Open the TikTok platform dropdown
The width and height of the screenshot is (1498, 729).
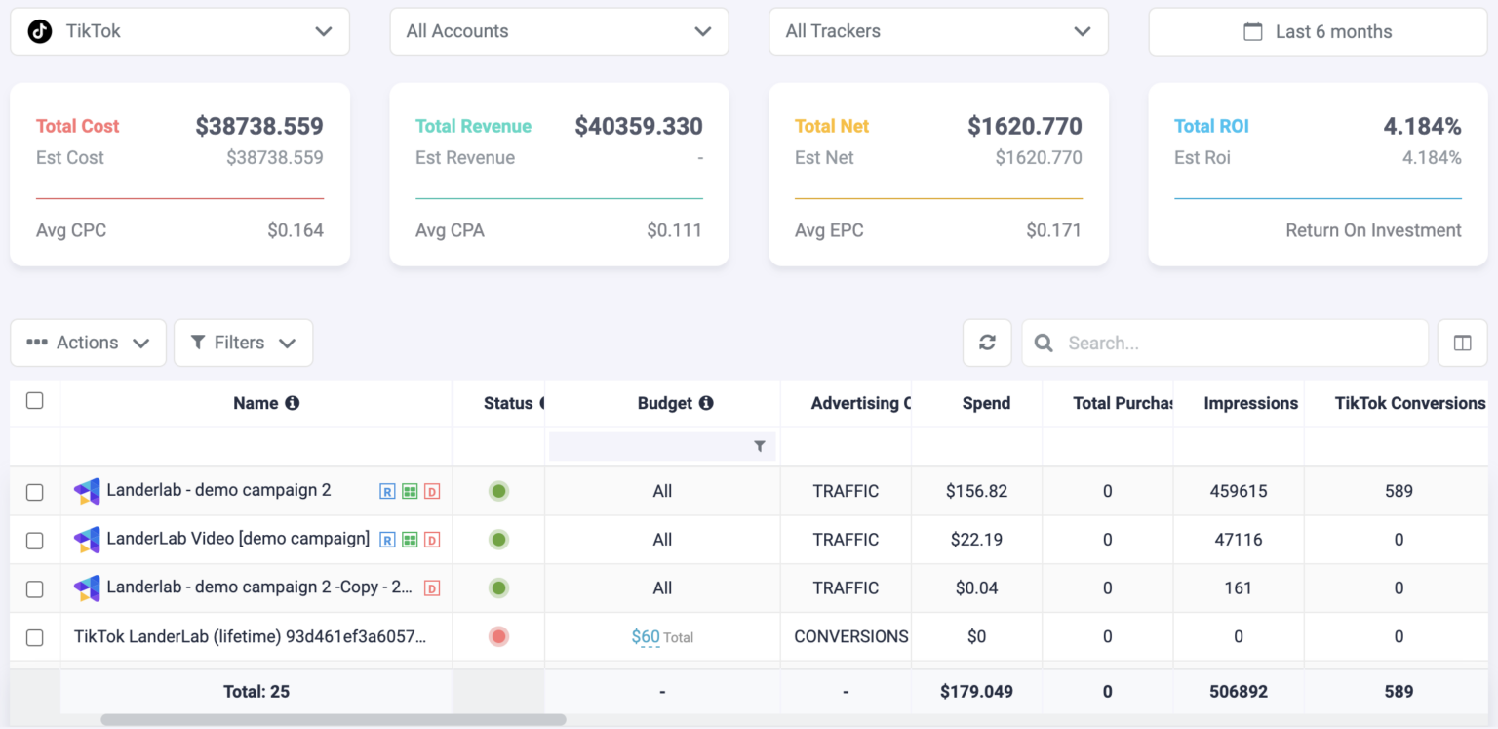click(x=179, y=31)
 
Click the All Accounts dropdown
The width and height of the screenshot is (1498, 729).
click(x=559, y=31)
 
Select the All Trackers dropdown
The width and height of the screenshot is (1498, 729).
click(x=938, y=31)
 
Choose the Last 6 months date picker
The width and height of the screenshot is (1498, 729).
click(x=1318, y=32)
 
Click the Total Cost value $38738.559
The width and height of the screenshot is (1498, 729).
click(x=259, y=126)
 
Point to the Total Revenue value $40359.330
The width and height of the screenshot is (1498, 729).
click(x=639, y=126)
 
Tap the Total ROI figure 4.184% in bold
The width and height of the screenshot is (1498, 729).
click(x=1422, y=126)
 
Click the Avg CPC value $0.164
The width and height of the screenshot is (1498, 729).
click(x=296, y=231)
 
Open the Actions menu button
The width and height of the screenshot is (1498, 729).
click(x=88, y=343)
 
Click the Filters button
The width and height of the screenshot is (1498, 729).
click(x=243, y=343)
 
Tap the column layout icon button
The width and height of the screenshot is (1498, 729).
click(x=1462, y=343)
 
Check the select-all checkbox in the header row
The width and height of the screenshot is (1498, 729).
click(x=35, y=401)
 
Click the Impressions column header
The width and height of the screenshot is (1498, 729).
click(x=1250, y=403)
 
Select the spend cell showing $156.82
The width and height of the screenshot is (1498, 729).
click(x=976, y=491)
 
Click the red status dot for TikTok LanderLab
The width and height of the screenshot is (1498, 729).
click(x=498, y=637)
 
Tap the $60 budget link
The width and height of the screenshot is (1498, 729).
click(x=646, y=637)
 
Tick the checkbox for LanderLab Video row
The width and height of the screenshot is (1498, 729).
click(x=35, y=540)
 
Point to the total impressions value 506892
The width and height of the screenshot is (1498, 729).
click(x=1238, y=692)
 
